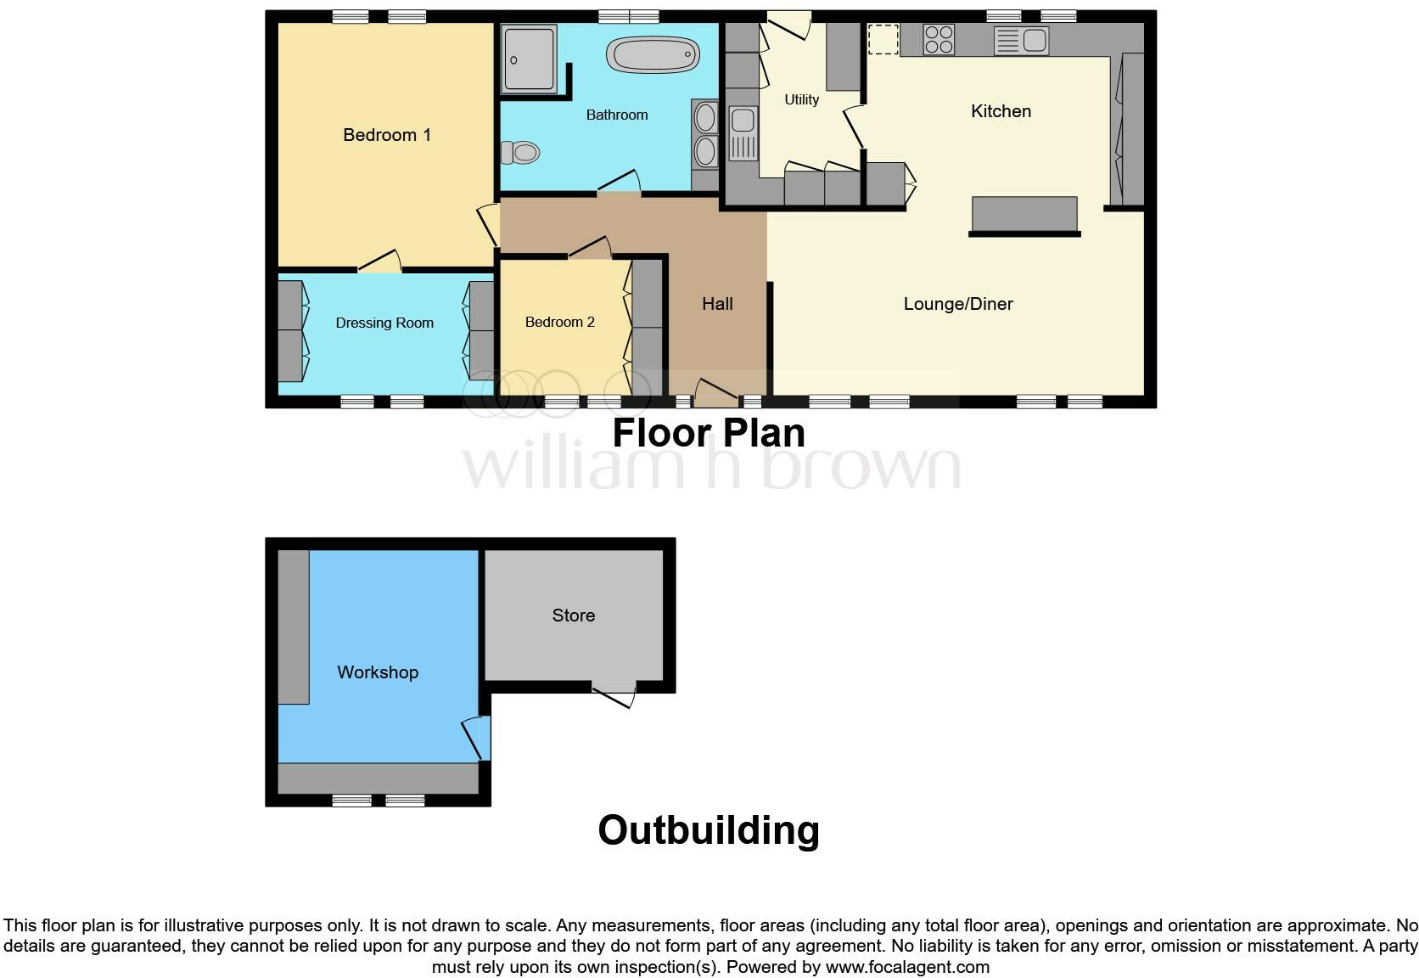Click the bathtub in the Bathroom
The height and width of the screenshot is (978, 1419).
click(653, 55)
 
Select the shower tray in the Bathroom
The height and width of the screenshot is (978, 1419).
click(529, 59)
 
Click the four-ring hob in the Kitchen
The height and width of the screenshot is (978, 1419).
click(939, 40)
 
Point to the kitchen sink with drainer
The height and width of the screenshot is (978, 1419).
click(1022, 40)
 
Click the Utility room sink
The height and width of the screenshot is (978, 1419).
click(743, 133)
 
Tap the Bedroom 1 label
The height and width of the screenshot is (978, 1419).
click(387, 135)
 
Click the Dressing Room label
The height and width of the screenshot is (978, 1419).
click(384, 323)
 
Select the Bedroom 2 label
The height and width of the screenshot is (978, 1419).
click(559, 322)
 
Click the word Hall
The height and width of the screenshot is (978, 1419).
click(717, 304)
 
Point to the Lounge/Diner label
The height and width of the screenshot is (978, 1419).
click(958, 304)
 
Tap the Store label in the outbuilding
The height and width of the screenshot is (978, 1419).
click(574, 615)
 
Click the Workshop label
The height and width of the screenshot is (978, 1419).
click(378, 672)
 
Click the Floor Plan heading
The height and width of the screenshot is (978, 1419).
click(709, 433)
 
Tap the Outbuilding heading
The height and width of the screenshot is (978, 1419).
click(709, 830)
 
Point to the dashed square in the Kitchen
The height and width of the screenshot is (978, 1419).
click(883, 40)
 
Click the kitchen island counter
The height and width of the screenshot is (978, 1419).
click(1024, 214)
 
